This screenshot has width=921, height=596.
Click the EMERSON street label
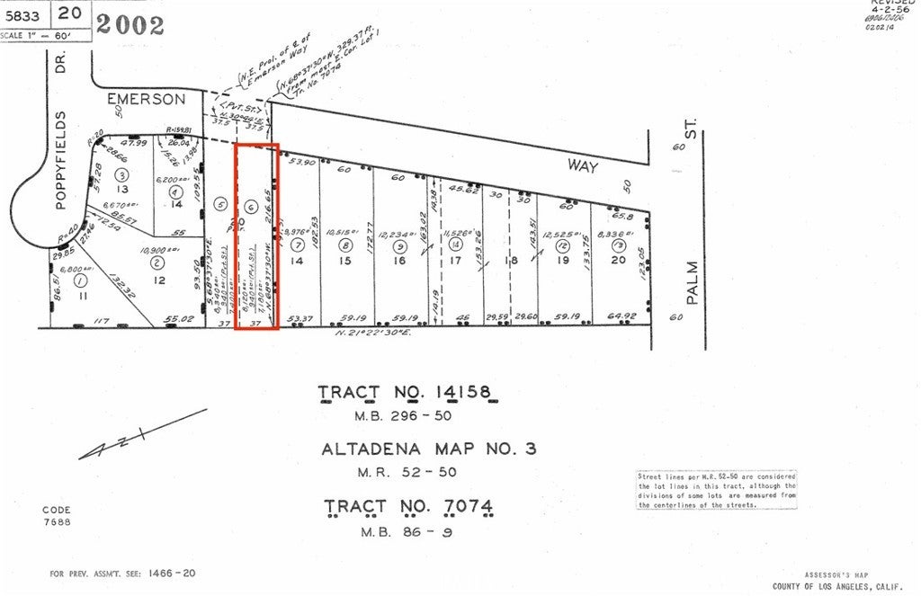point(146,98)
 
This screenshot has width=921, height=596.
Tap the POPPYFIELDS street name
point(62,161)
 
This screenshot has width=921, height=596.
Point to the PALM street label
point(692,289)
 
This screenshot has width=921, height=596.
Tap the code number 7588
point(56,521)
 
